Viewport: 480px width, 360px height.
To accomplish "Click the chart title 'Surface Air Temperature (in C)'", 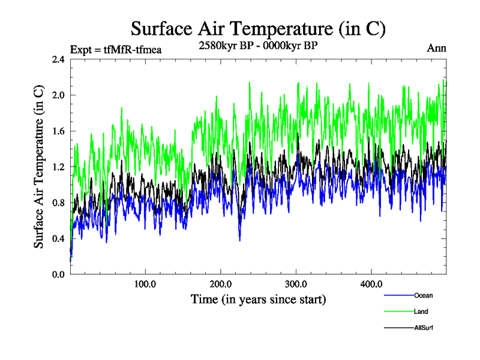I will tap(258, 28).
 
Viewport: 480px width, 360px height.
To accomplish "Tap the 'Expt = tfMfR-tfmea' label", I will tap(116, 50).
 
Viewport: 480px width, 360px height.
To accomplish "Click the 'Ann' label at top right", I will tap(436, 48).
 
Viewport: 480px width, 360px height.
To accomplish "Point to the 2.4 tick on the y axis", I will tap(58, 59).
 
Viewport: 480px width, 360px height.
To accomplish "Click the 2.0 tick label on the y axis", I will tap(58, 95).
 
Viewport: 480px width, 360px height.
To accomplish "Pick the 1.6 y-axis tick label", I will tap(58, 131).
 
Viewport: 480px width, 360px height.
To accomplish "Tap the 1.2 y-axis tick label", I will tap(58, 167).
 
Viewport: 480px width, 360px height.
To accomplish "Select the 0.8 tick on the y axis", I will tap(58, 203).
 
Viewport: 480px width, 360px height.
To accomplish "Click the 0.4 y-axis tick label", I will tap(58, 239).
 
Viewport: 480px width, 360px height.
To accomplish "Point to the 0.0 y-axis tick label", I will tap(58, 274).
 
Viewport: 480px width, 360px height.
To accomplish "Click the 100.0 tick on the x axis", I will tap(146, 284).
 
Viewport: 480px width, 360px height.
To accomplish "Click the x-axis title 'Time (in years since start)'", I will tap(258, 299).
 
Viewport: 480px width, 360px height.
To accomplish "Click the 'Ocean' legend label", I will tap(423, 295).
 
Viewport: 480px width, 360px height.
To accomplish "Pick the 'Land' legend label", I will tap(421, 312).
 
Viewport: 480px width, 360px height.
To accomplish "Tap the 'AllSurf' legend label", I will tap(424, 328).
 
